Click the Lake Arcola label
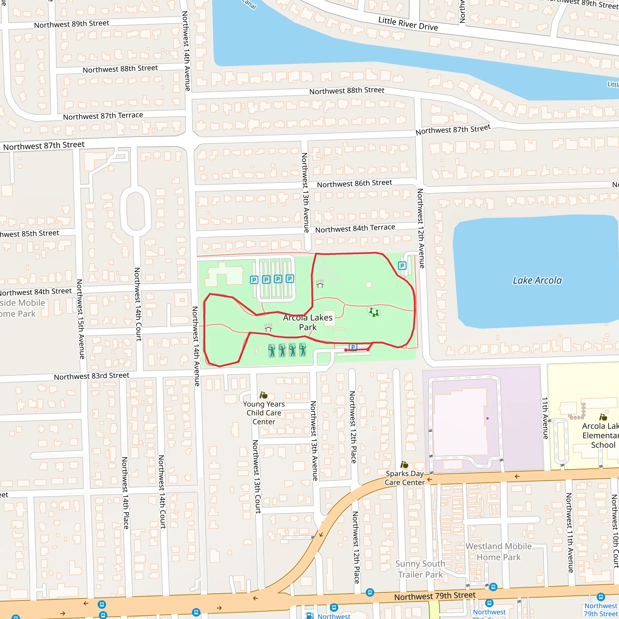tap(537, 280)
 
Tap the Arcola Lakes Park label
tap(308, 322)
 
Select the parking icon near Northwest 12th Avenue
tap(402, 266)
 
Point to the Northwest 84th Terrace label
tap(355, 228)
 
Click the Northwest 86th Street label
tap(354, 183)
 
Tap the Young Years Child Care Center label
tap(264, 413)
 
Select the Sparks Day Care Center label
tap(405, 478)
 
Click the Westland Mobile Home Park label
tap(498, 552)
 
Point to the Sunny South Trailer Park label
tap(420, 569)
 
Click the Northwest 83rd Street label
tap(91, 376)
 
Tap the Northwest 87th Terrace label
tap(103, 116)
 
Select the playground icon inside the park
tap(373, 312)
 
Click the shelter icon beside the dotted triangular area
tap(320, 284)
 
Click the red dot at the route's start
tap(345, 350)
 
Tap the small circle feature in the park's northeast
tap(369, 284)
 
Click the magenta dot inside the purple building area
tap(487, 418)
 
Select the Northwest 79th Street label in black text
tap(434, 596)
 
